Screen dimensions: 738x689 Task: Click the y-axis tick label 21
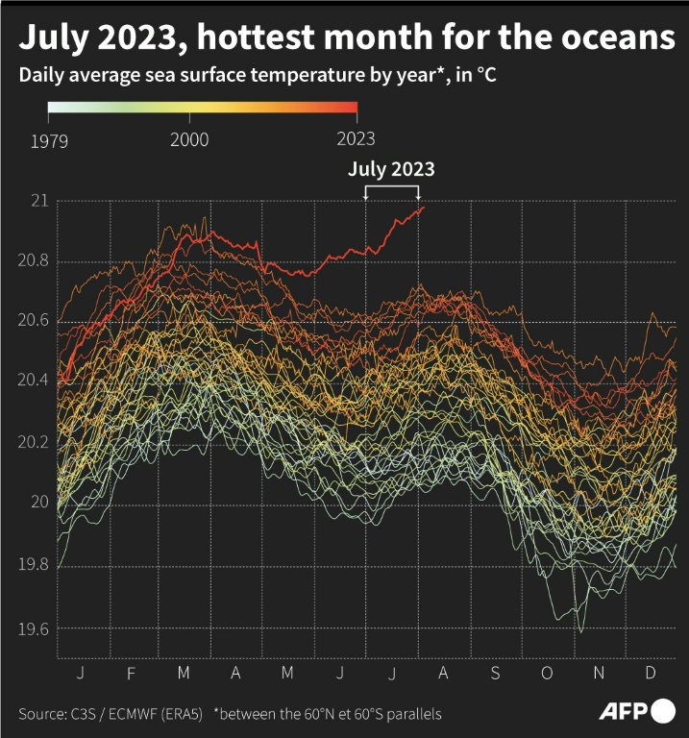40,202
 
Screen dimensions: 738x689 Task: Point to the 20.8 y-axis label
36,262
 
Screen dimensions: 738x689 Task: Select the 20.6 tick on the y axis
36,322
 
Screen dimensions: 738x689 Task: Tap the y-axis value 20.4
36,381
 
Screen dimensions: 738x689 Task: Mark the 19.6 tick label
36,628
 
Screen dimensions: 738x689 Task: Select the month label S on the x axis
495,673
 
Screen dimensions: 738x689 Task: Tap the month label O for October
547,673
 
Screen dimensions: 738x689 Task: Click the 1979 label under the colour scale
48,140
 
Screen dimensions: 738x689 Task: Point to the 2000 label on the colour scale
189,140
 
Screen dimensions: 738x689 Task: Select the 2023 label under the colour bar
356,140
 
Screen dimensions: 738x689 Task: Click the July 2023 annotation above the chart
391,170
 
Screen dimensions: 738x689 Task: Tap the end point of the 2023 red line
423,208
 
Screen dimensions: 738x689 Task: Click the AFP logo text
624,712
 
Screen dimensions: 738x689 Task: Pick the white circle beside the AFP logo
664,712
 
